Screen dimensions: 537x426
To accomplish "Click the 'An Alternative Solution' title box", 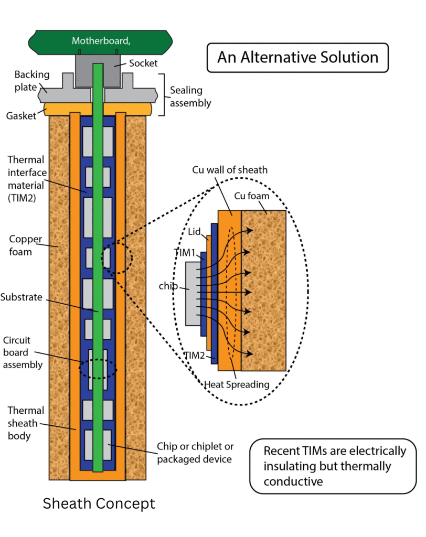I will pos(297,57).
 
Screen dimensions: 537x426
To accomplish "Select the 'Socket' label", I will pos(142,63).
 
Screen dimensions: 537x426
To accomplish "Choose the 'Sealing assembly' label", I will pos(190,96).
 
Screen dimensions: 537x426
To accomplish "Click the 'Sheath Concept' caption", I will pos(99,503).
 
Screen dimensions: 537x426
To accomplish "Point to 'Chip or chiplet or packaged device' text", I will pos(195,454).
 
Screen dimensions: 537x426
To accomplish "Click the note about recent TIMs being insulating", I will pos(334,466).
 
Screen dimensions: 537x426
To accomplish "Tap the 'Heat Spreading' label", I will pos(237,384).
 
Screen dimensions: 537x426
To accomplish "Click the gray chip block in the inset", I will pos(193,294).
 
